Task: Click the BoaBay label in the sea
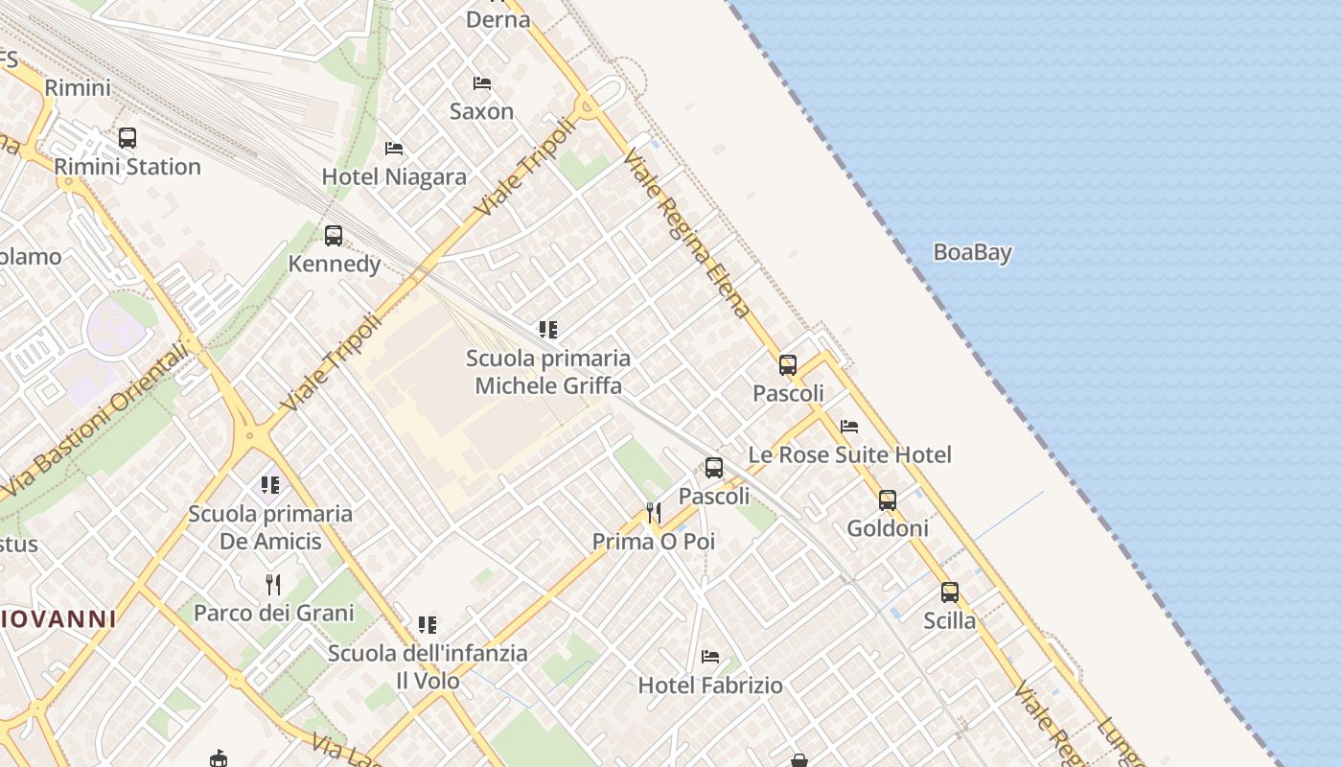tap(972, 252)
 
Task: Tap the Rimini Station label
tap(127, 167)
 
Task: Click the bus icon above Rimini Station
tap(127, 137)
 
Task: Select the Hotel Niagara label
tap(394, 177)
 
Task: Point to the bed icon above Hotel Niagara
tap(393, 149)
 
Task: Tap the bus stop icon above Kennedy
tap(334, 235)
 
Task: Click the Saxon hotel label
tap(482, 111)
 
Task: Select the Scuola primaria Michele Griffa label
tap(548, 372)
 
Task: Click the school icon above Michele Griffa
tap(548, 330)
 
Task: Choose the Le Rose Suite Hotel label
tap(849, 454)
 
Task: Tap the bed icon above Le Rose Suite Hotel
tap(849, 427)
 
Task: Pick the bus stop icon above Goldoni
tap(888, 500)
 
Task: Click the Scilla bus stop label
tap(949, 620)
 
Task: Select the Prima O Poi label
tap(654, 542)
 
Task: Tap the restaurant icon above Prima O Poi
tap(654, 513)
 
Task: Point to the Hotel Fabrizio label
tap(710, 686)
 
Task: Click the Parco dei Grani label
tap(274, 613)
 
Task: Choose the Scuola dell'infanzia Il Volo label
tap(428, 667)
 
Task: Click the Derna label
tap(497, 19)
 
